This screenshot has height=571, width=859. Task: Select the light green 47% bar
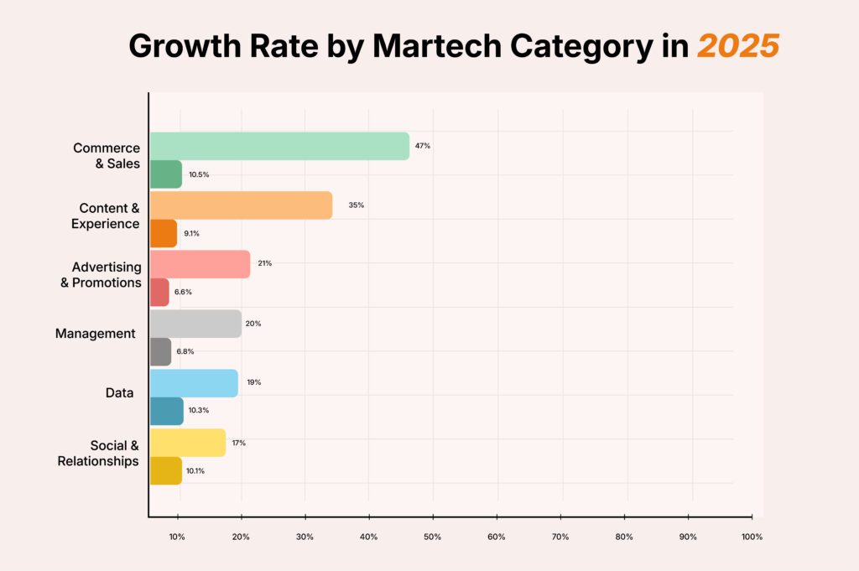pyautogui.click(x=279, y=146)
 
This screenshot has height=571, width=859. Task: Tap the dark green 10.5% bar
pyautogui.click(x=165, y=174)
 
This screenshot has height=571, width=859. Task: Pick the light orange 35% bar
pyautogui.click(x=241, y=205)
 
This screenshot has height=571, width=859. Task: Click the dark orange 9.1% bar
pyautogui.click(x=163, y=233)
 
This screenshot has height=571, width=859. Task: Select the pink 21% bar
pyautogui.click(x=200, y=264)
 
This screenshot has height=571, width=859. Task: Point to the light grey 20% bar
pyautogui.click(x=195, y=324)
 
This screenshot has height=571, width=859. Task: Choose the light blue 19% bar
pyautogui.click(x=194, y=382)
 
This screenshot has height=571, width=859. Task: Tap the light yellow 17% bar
pyautogui.click(x=188, y=443)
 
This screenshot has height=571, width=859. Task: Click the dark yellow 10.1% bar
pyautogui.click(x=165, y=470)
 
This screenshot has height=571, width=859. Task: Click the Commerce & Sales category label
pyautogui.click(x=107, y=155)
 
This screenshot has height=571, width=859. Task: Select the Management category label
pyautogui.click(x=95, y=334)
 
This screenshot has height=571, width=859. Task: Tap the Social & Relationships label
pyautogui.click(x=98, y=453)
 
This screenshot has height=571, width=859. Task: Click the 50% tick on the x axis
pyautogui.click(x=433, y=537)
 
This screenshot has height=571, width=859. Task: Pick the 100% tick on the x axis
pyautogui.click(x=752, y=537)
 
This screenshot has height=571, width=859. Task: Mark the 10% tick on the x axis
pyautogui.click(x=177, y=537)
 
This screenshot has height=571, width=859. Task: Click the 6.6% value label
pyautogui.click(x=184, y=293)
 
